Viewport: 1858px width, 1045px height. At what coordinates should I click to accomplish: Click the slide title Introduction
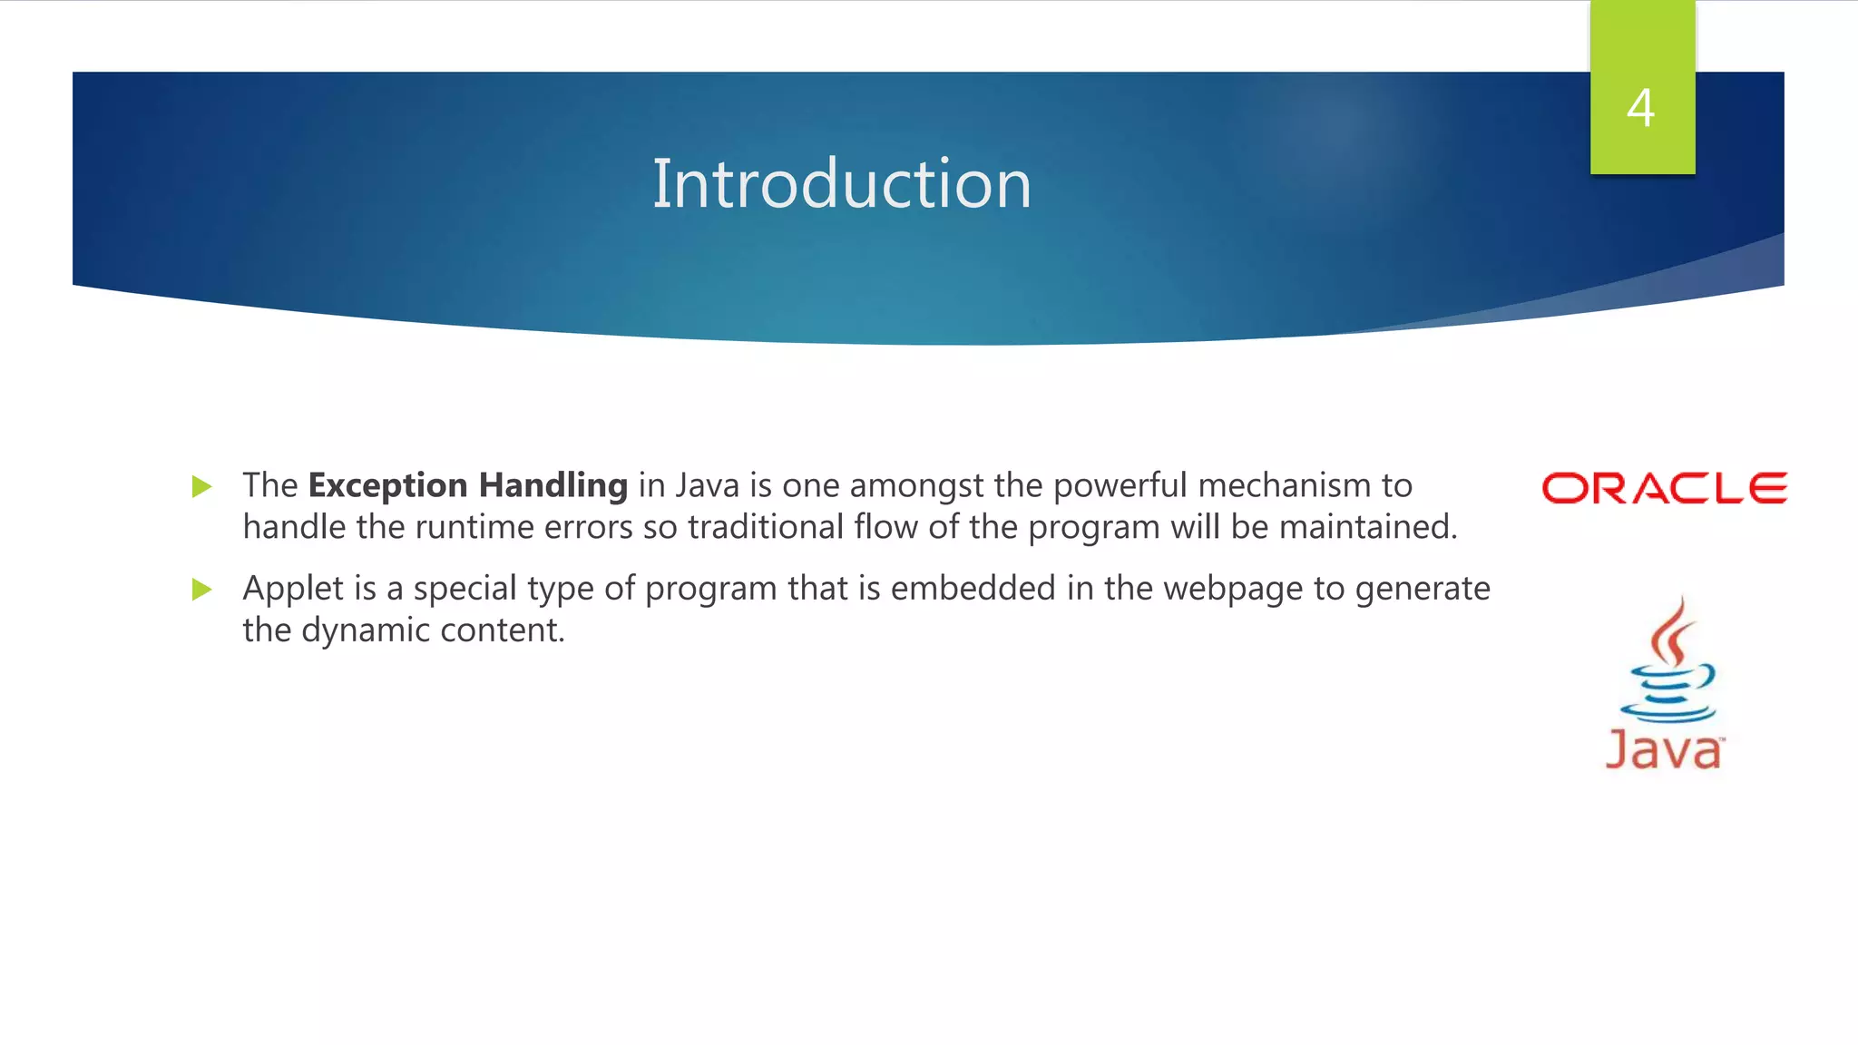pos(841,184)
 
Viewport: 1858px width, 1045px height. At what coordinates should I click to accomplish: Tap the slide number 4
pos(1640,108)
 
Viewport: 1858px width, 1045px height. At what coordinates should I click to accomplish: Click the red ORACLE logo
pos(1664,488)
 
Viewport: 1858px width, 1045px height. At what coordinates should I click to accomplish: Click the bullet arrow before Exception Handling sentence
pos(202,487)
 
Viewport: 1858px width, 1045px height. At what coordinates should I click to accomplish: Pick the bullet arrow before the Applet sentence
pos(202,591)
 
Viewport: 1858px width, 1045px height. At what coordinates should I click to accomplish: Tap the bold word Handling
pos(553,486)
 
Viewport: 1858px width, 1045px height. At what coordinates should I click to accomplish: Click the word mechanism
pos(1285,486)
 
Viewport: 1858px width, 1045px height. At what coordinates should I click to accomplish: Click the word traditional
pos(766,527)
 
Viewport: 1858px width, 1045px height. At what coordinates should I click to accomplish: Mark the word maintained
pos(1367,527)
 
